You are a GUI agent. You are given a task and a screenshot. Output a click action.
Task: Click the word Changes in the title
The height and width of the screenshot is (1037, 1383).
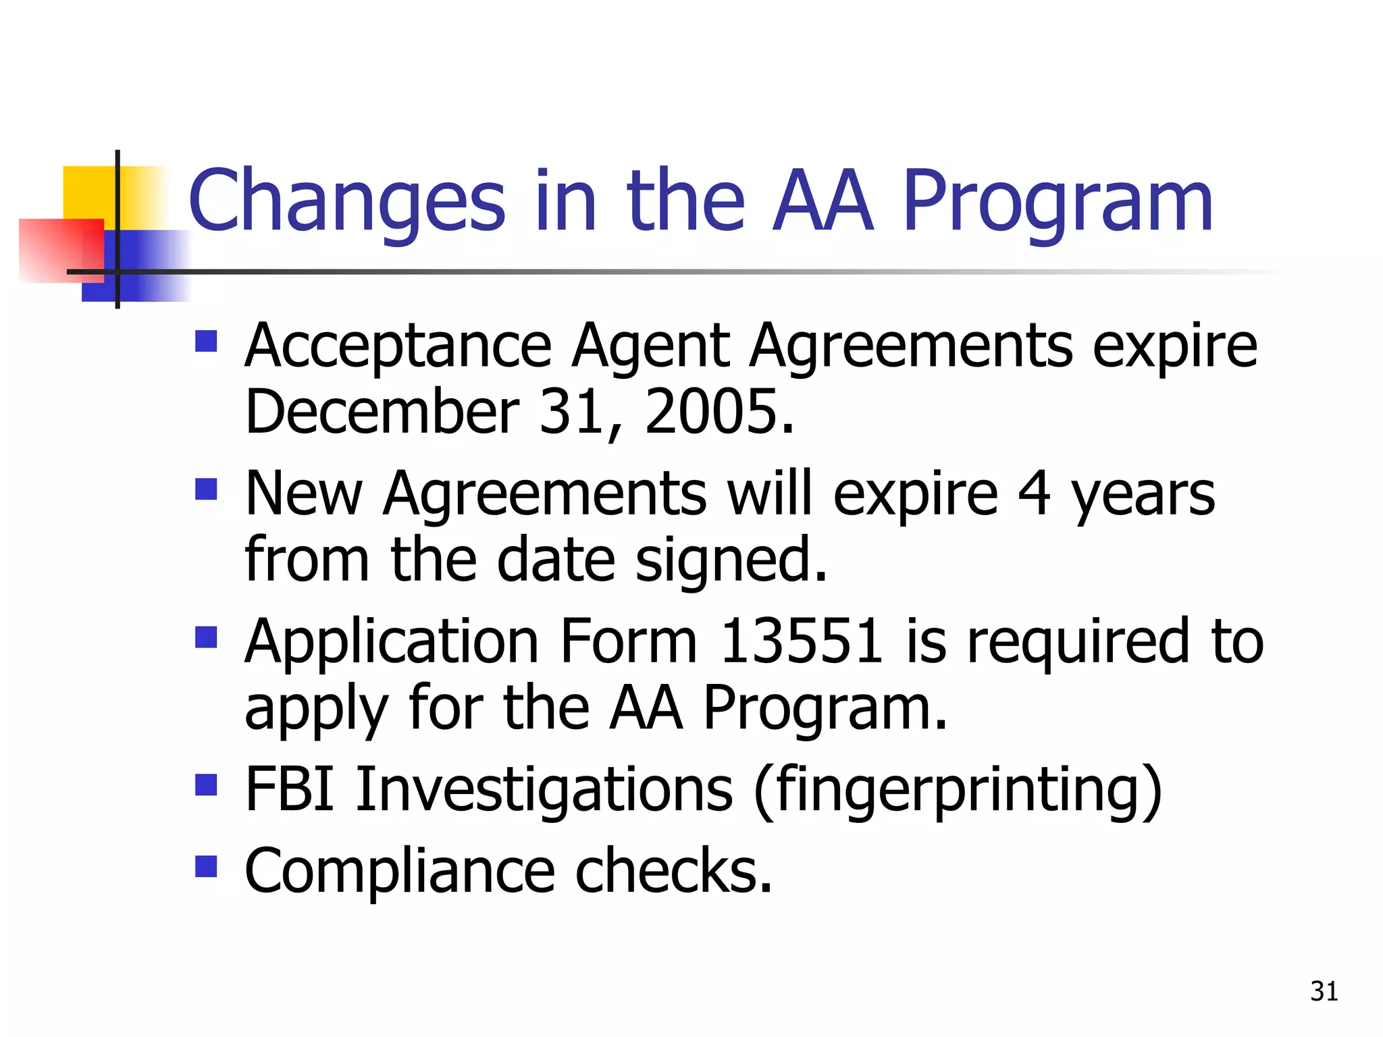tap(346, 201)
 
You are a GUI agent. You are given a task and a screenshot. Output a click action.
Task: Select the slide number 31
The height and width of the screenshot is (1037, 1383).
tap(1324, 991)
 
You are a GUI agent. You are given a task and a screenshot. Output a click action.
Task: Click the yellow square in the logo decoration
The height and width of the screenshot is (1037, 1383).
tap(88, 192)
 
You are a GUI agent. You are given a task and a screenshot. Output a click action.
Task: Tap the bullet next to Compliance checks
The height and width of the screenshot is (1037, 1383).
tap(206, 866)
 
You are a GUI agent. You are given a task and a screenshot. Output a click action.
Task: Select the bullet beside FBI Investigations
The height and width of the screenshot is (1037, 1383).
tap(206, 785)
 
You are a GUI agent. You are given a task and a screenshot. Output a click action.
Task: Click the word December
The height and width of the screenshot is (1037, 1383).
tap(382, 411)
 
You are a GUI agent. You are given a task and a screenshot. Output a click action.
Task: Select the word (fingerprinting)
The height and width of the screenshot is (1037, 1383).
tap(958, 790)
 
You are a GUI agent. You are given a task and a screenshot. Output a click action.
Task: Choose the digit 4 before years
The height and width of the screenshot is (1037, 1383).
tap(1034, 493)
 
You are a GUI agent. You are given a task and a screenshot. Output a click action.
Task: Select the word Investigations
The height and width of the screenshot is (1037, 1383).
tap(544, 790)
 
